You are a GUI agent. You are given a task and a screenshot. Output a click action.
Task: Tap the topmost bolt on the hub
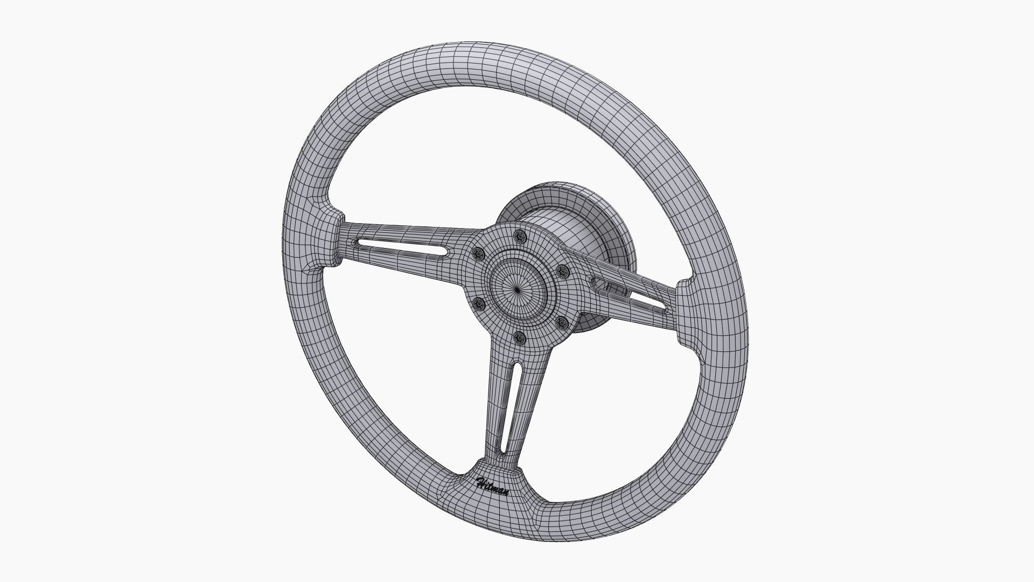(x=520, y=235)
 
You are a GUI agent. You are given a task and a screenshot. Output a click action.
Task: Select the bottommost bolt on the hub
(x=520, y=338)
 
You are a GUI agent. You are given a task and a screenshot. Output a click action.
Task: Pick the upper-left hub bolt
(x=477, y=253)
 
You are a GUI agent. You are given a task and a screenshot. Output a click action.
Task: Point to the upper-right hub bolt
(x=563, y=270)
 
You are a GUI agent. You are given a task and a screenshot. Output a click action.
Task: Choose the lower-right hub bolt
(x=562, y=323)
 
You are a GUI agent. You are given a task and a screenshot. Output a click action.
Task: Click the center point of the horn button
(x=518, y=290)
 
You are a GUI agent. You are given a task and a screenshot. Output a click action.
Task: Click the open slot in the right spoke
(x=630, y=294)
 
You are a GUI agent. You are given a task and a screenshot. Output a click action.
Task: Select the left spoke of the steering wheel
(x=409, y=242)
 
